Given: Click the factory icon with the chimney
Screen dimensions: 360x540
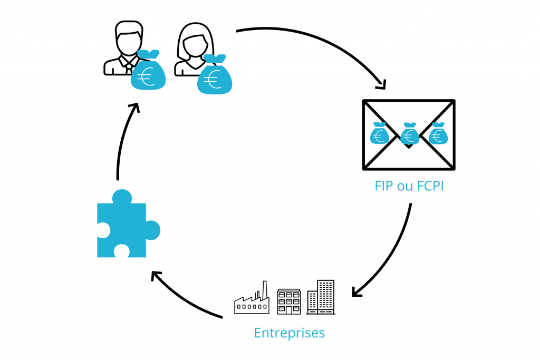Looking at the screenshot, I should click(252, 300).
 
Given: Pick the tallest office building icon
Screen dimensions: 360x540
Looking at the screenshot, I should click(321, 297).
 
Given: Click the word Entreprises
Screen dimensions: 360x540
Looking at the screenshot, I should click(289, 333).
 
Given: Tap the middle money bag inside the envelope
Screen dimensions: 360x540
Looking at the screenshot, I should click(409, 134).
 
